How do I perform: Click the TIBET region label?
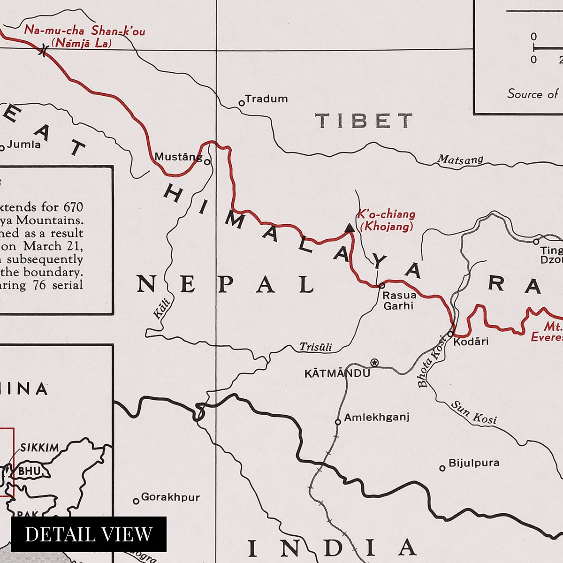pyautogui.click(x=364, y=121)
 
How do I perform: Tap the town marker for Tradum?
pyautogui.click(x=242, y=103)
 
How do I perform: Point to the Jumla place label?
pyautogui.click(x=24, y=145)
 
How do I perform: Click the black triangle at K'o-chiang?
pyautogui.click(x=349, y=228)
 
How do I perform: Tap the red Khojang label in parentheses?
pyautogui.click(x=386, y=227)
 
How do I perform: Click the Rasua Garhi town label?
pyautogui.click(x=399, y=300)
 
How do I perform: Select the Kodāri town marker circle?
pyautogui.click(x=450, y=334)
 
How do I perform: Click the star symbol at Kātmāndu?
pyautogui.click(x=374, y=362)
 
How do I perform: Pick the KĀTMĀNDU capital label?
pyautogui.click(x=337, y=374)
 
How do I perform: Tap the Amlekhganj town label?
pyautogui.click(x=377, y=417)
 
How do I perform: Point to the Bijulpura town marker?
pyautogui.click(x=442, y=468)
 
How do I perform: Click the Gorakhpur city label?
pyautogui.click(x=170, y=497)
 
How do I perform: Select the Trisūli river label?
pyautogui.click(x=316, y=347)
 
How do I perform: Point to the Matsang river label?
pyautogui.click(x=460, y=160)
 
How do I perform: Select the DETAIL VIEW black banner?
pyautogui.click(x=89, y=534)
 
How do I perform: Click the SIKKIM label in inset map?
pyautogui.click(x=39, y=448)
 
